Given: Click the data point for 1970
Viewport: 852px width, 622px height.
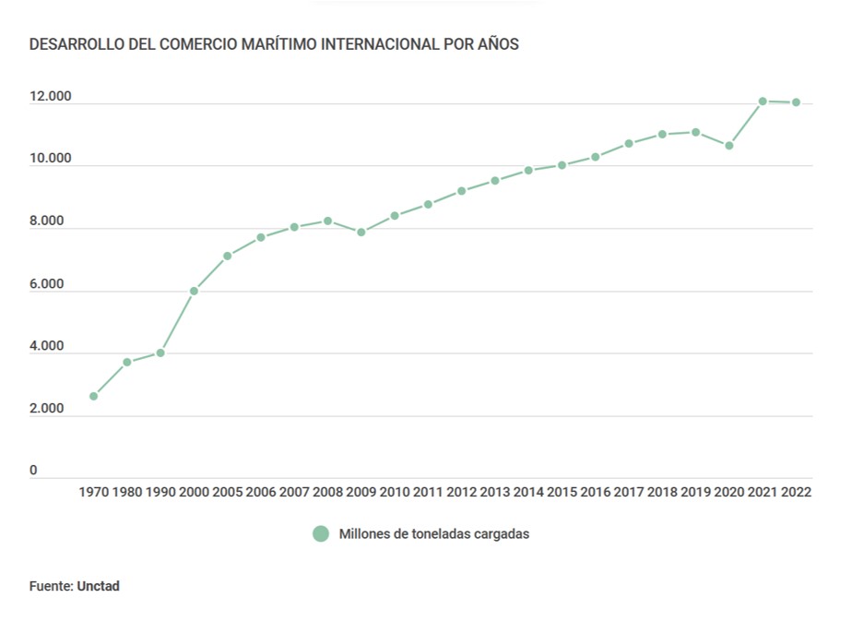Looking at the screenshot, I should tap(93, 396).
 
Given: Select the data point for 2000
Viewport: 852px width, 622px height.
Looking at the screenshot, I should tap(194, 291).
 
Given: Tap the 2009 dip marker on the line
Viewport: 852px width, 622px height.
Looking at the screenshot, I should tap(361, 232).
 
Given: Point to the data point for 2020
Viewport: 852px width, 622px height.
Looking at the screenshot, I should tap(729, 145).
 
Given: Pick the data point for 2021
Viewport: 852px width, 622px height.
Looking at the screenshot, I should tap(763, 101).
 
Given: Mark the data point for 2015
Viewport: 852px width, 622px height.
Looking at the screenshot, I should tap(562, 165).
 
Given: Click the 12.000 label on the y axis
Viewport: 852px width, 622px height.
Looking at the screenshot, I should tap(50, 97).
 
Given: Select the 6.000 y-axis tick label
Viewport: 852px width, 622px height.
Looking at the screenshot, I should tap(46, 284).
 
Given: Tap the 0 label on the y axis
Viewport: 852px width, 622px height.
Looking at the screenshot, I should tap(33, 471).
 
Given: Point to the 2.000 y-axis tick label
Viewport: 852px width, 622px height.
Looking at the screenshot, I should tap(46, 409).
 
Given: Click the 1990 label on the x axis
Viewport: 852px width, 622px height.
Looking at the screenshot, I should tap(160, 492).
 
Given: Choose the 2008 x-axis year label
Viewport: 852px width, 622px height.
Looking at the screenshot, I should tap(327, 492).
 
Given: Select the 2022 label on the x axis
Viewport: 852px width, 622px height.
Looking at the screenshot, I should tap(796, 492).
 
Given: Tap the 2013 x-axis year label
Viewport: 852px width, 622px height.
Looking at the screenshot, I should tap(495, 492).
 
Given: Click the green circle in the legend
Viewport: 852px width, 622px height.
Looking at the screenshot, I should tap(321, 533).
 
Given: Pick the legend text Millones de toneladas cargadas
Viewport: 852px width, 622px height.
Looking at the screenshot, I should tap(434, 533).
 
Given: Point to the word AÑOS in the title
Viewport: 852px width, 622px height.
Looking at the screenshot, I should tap(498, 44).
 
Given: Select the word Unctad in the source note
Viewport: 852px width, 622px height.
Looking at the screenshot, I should tap(99, 586).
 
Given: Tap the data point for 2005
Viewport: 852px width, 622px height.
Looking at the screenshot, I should tap(227, 256).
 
